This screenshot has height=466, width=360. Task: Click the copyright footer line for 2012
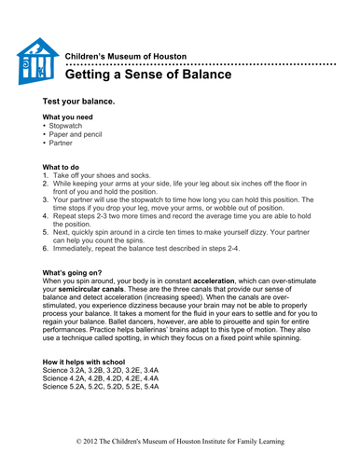click(x=180, y=440)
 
